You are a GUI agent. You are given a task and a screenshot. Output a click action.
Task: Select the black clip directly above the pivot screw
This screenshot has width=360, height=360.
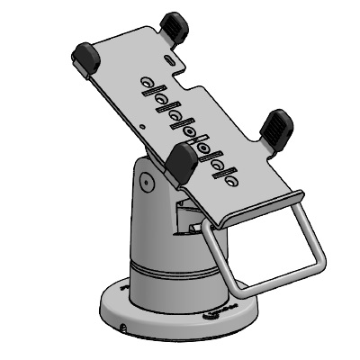(182, 163)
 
